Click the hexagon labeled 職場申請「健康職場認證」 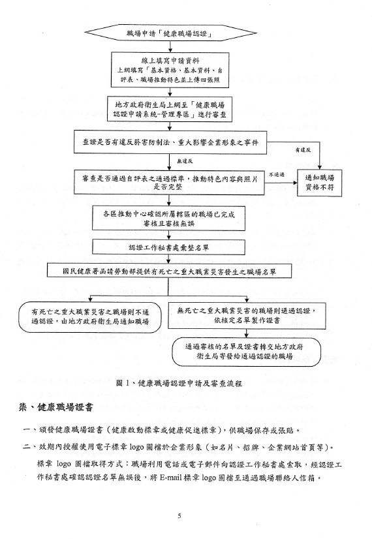click(170, 33)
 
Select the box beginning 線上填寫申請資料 click(170, 70)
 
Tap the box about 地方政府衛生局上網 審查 click(170, 110)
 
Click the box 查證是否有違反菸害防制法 click(170, 142)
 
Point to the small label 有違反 click(303, 150)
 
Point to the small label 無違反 click(185, 161)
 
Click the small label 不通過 click(277, 175)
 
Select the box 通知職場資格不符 click(319, 183)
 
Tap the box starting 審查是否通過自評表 click(169, 182)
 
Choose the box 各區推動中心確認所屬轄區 click(168, 219)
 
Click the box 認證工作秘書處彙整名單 click(168, 247)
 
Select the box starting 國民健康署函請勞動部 click(170, 271)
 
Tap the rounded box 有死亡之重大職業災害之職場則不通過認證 click(89, 317)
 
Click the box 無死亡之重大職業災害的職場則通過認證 click(247, 316)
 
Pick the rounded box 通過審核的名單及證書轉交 click(246, 351)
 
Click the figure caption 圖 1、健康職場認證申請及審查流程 click(179, 383)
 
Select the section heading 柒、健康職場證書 click(55, 408)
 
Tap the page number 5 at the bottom click(179, 516)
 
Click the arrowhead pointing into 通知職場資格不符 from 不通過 click(294, 183)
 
